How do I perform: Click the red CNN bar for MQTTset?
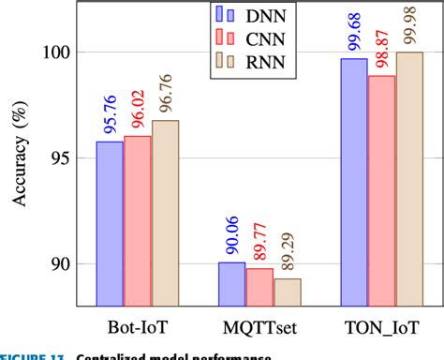coord(259,287)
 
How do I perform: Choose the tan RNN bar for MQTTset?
coord(288,292)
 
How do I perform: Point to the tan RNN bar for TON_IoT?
coord(409,178)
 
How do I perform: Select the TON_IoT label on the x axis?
coord(381,330)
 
